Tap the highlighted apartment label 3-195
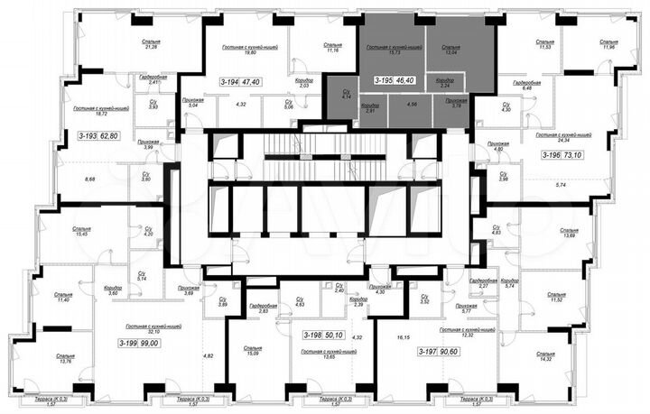[384, 81]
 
